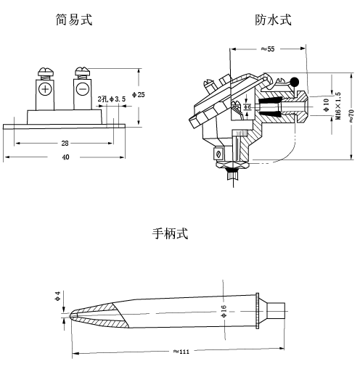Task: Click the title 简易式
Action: coord(74,20)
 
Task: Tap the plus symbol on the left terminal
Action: coord(45,89)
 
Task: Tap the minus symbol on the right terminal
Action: coord(82,89)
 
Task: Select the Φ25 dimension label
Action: coord(141,95)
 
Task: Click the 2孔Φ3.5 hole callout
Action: coord(112,98)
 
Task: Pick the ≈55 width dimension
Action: coord(267,49)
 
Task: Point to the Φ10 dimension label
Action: coord(324,105)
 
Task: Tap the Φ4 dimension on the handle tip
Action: coord(58,297)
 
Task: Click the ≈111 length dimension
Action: coord(181,352)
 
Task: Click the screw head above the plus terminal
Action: coord(44,72)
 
